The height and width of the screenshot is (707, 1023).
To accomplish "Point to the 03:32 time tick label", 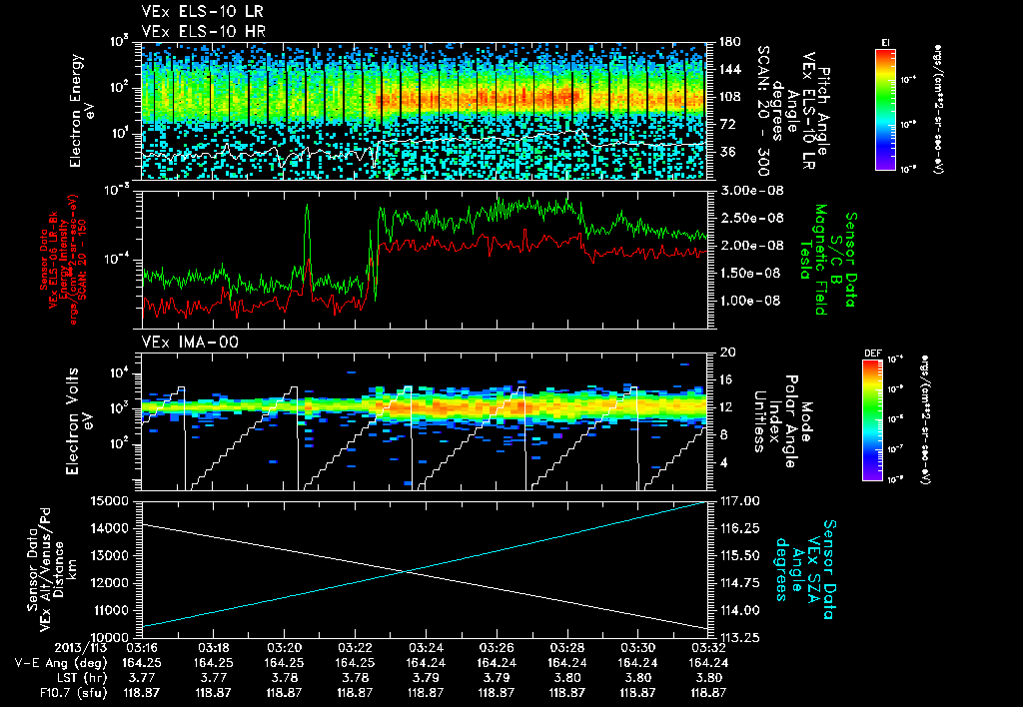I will click(708, 647).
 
